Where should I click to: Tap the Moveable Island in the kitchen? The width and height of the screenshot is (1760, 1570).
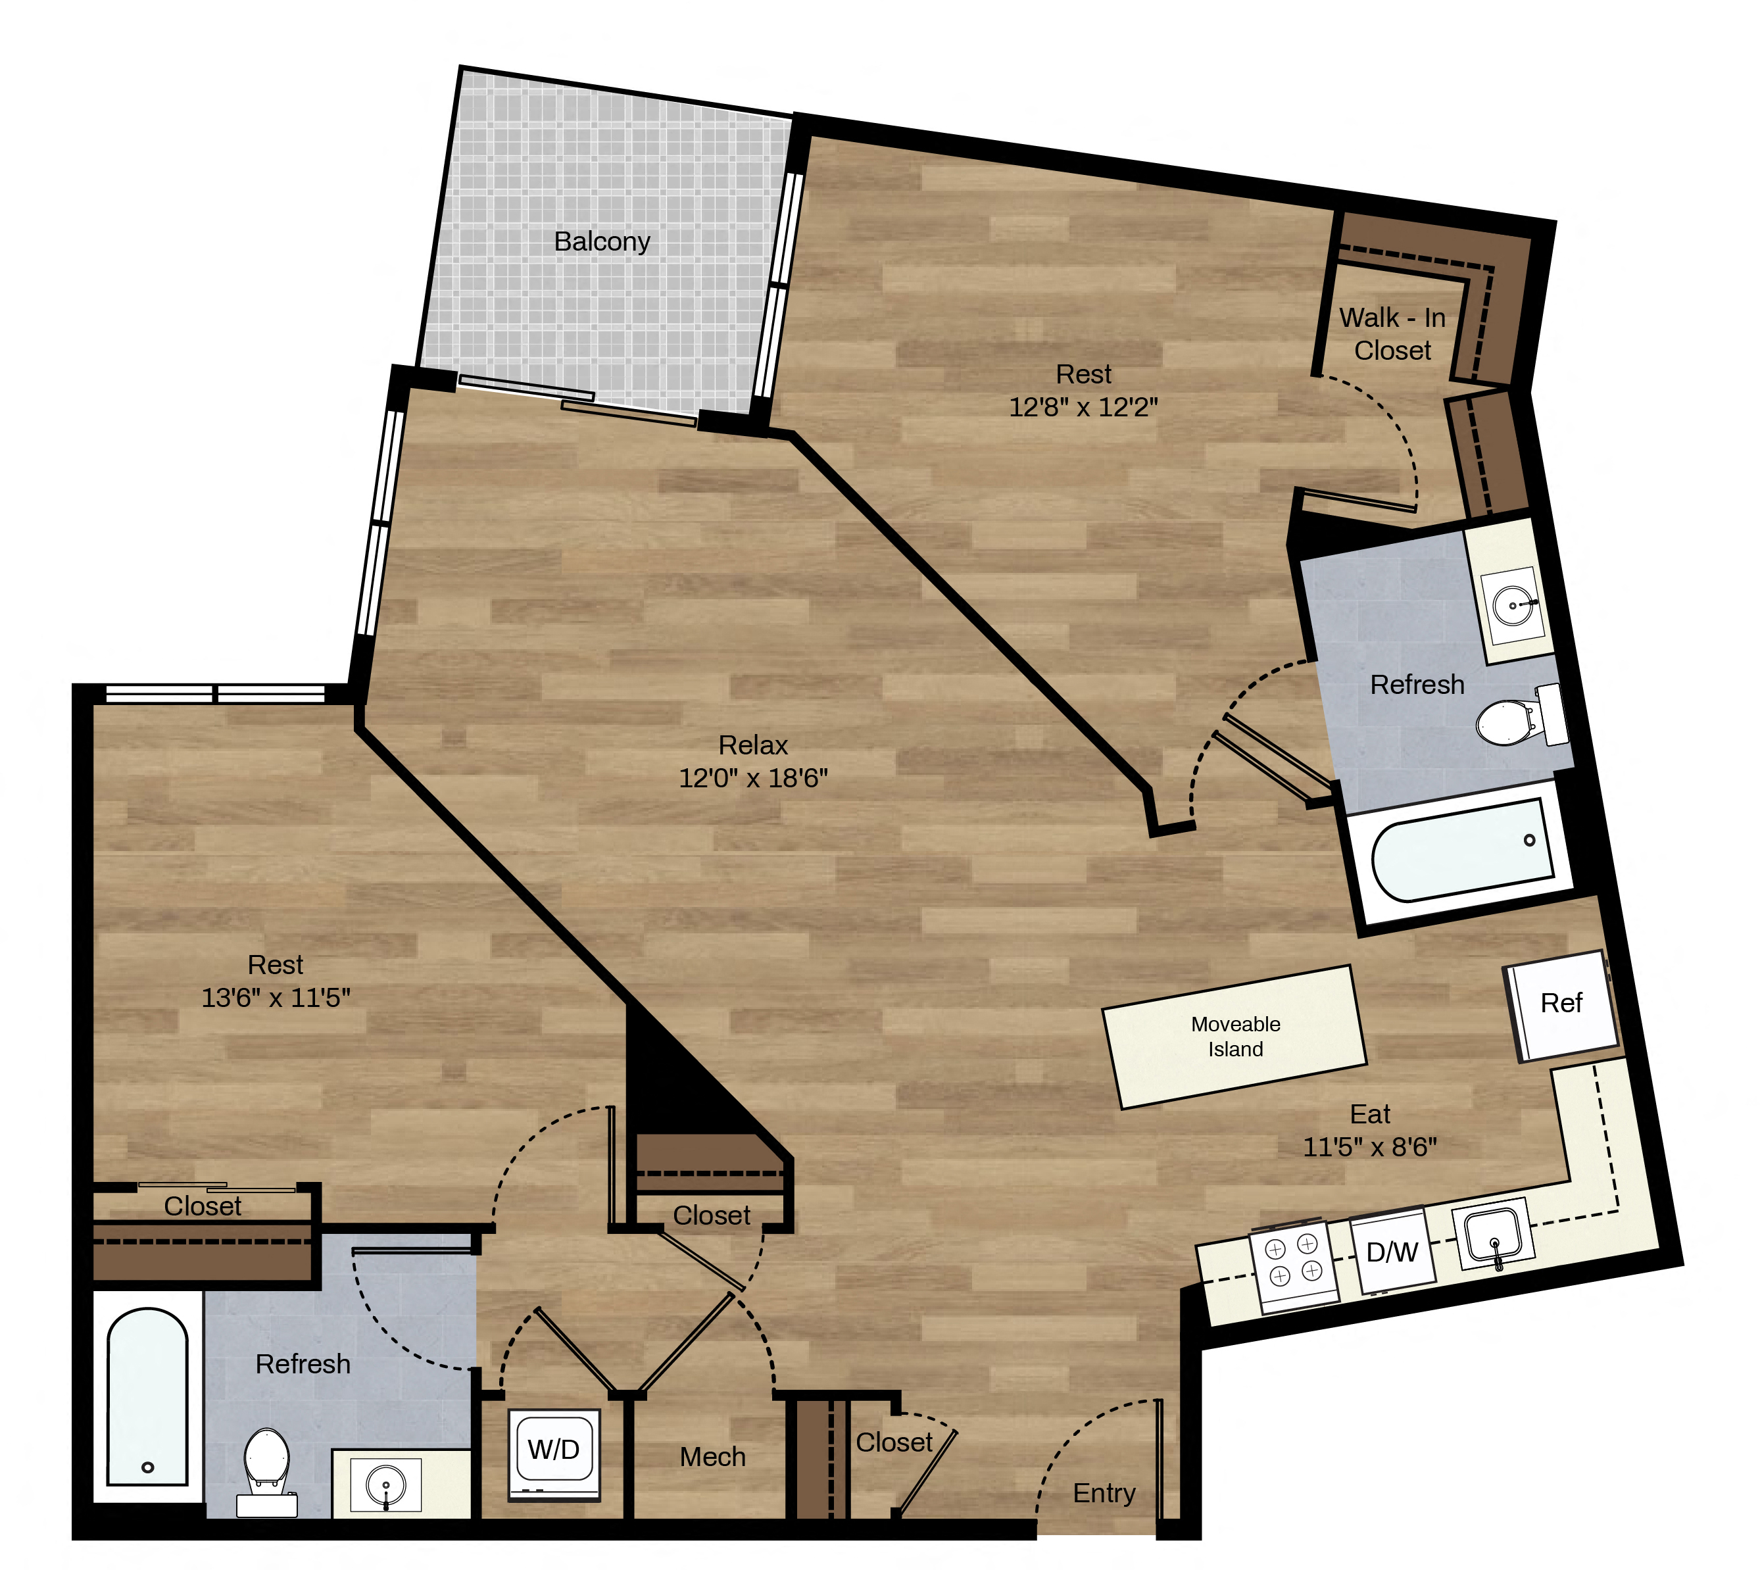pyautogui.click(x=1234, y=1037)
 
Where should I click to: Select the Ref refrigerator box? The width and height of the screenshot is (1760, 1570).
pyautogui.click(x=1561, y=1004)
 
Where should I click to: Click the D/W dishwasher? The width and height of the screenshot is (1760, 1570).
pyautogui.click(x=1392, y=1251)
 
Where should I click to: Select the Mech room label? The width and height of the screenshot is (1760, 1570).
pyautogui.click(x=713, y=1457)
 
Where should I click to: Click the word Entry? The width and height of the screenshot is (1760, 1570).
pyautogui.click(x=1104, y=1493)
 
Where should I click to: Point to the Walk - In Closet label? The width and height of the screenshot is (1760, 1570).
pyautogui.click(x=1392, y=334)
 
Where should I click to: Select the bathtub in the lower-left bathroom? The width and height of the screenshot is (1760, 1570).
pyautogui.click(x=147, y=1398)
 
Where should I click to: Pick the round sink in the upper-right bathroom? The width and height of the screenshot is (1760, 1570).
pyautogui.click(x=1513, y=604)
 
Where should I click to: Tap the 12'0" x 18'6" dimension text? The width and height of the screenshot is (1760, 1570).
pyautogui.click(x=753, y=778)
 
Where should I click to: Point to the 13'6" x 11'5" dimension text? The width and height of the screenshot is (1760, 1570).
pyautogui.click(x=276, y=997)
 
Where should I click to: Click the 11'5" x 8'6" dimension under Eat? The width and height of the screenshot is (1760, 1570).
pyautogui.click(x=1370, y=1146)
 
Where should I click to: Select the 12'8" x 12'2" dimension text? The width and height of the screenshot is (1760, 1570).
pyautogui.click(x=1084, y=406)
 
